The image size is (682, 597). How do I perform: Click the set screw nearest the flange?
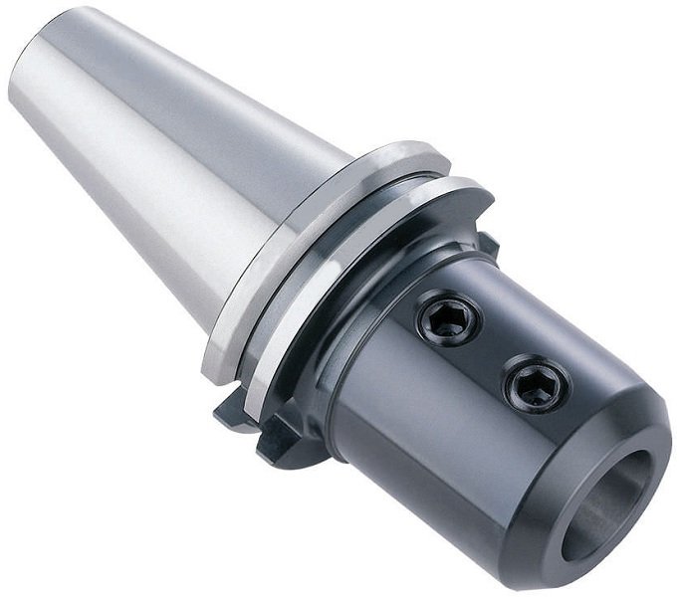click(x=448, y=320)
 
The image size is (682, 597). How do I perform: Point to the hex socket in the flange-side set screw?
click(x=448, y=320)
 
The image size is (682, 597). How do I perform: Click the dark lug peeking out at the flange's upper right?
click(x=488, y=244)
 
